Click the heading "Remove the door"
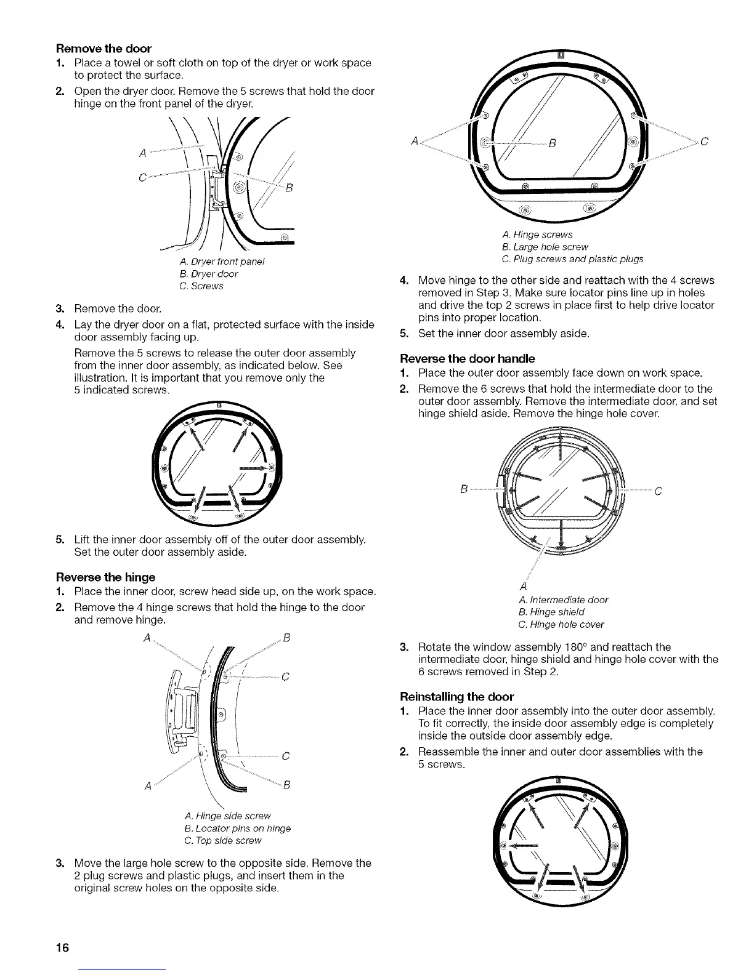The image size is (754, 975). tap(103, 48)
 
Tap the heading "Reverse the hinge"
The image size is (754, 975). tap(106, 577)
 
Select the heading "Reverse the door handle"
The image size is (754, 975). tap(468, 358)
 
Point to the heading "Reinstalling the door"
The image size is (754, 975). tap(456, 696)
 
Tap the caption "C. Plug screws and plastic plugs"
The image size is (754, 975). tap(573, 259)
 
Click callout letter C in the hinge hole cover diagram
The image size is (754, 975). tap(658, 491)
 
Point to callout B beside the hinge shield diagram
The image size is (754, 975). tap(463, 491)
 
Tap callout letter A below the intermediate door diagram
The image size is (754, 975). tap(524, 585)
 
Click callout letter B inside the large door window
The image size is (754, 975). tap(553, 145)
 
